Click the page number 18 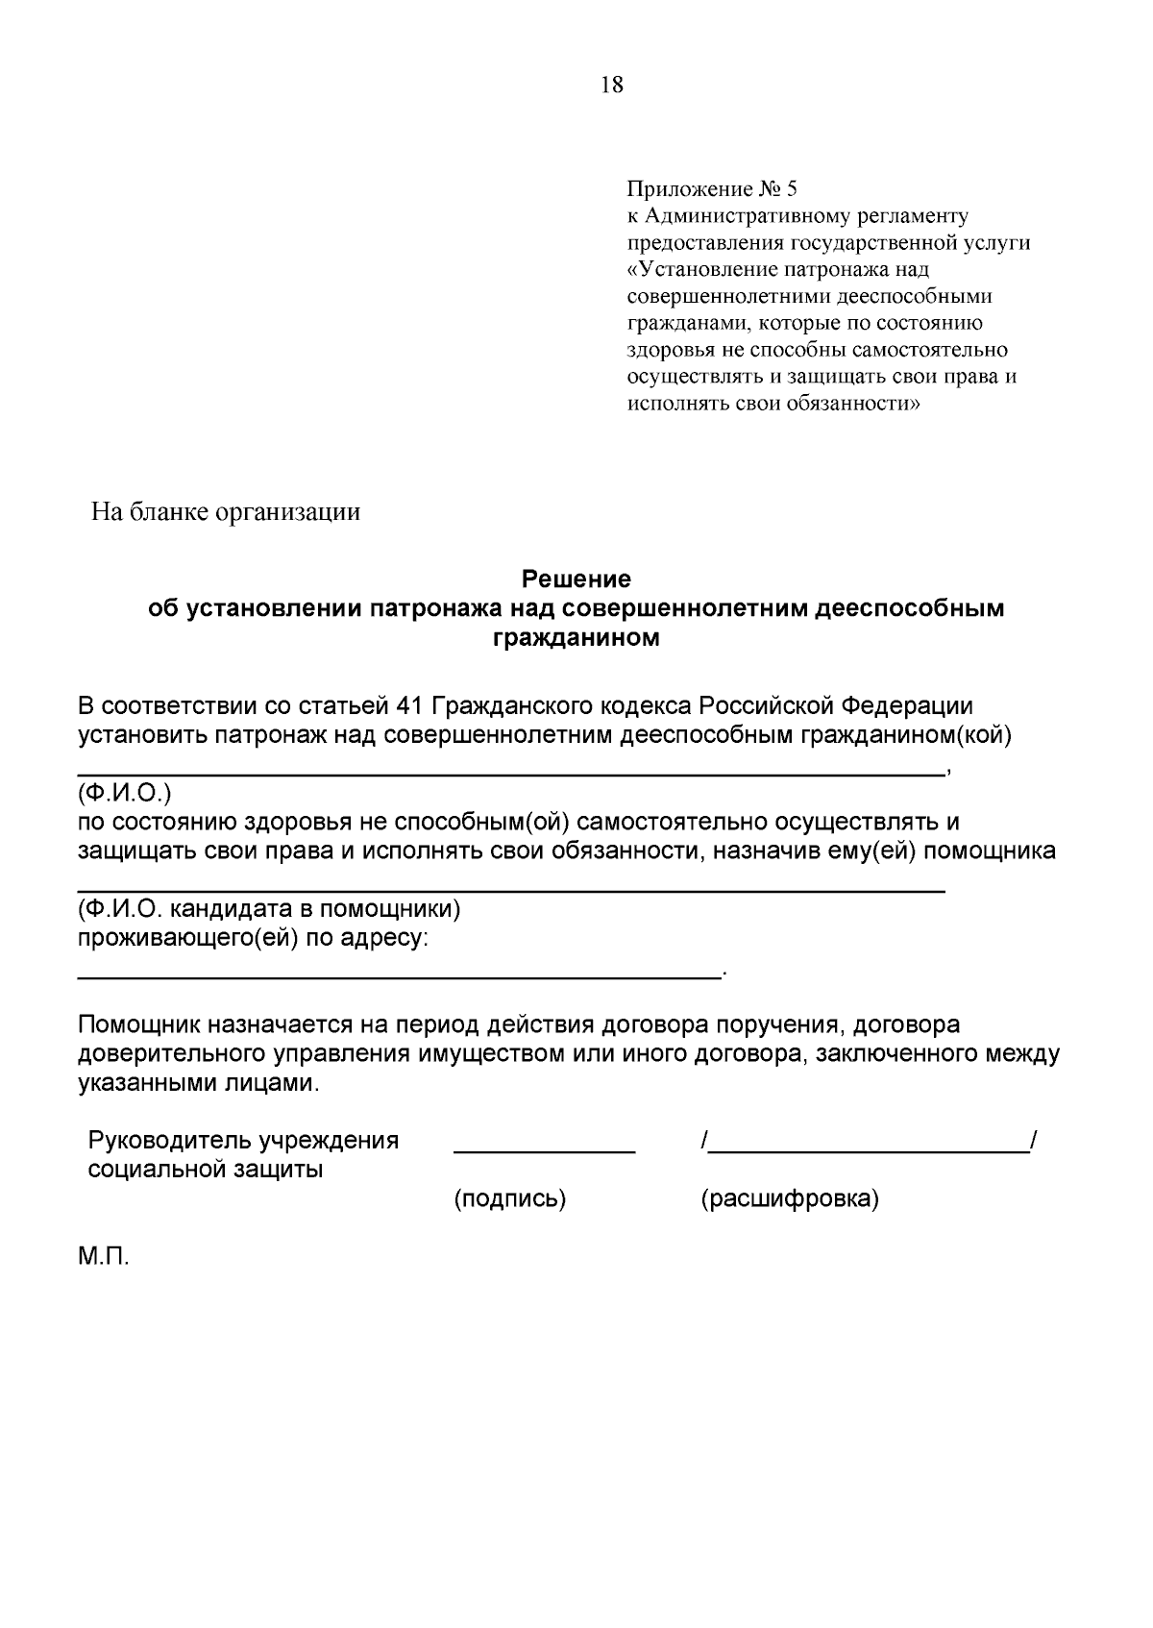(x=612, y=86)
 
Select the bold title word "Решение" (x=576, y=580)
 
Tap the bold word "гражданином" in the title (x=576, y=637)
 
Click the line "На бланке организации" (x=226, y=511)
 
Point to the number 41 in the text (x=410, y=706)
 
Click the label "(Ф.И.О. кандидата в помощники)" (x=269, y=908)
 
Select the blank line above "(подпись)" (x=544, y=1150)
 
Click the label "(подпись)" (x=509, y=1198)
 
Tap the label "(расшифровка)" (x=790, y=1198)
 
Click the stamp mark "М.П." (x=103, y=1257)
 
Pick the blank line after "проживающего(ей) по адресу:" (x=398, y=976)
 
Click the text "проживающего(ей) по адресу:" (x=253, y=937)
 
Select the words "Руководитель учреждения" (x=243, y=1141)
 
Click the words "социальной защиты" (x=206, y=1170)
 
